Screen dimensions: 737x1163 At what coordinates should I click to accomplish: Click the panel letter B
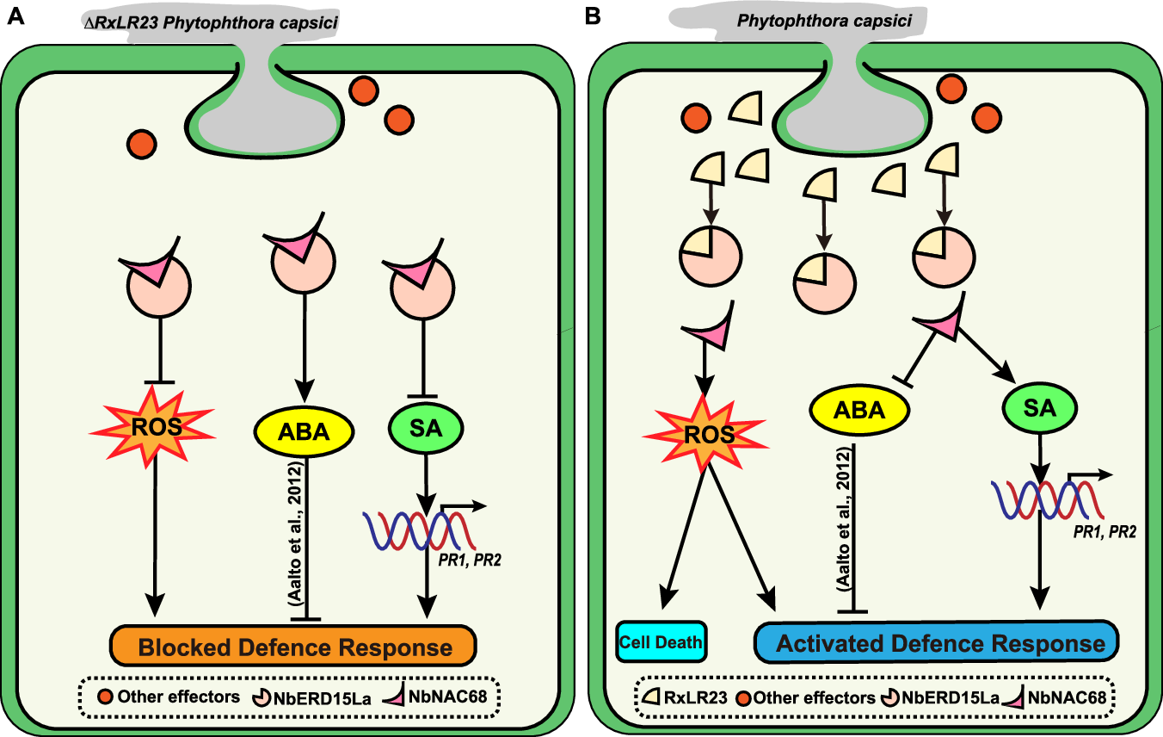point(593,16)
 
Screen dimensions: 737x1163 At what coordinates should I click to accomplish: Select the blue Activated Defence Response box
point(935,643)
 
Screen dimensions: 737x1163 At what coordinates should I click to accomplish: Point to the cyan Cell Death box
point(661,642)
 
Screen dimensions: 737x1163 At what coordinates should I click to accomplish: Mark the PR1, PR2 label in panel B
point(1105,533)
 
